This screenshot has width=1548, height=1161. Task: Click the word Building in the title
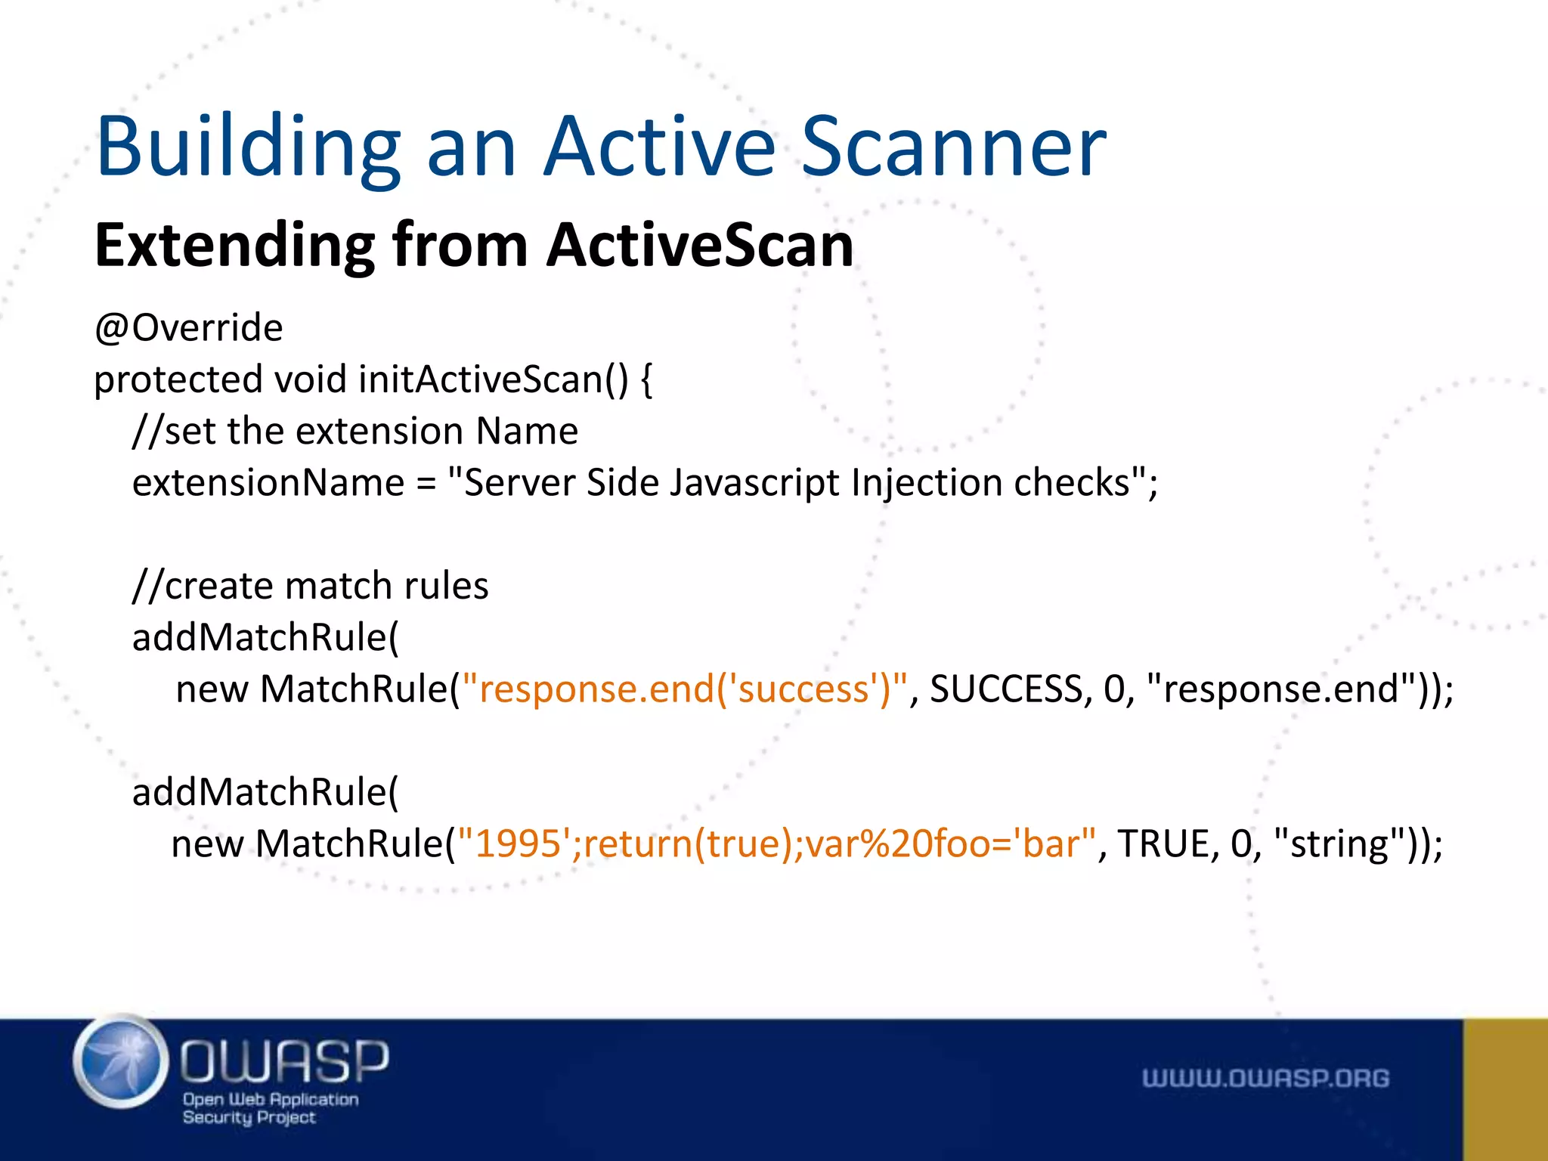[x=248, y=147]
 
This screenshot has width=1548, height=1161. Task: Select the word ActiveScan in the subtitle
[x=700, y=246]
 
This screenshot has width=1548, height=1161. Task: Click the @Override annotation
[x=188, y=328]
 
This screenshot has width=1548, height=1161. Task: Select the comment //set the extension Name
[x=355, y=432]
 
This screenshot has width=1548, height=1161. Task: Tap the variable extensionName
[x=268, y=483]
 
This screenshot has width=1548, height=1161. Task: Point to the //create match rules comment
[x=311, y=587]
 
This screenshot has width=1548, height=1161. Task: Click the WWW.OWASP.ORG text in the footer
[x=1265, y=1079]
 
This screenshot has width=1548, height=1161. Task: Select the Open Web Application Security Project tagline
[x=270, y=1108]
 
